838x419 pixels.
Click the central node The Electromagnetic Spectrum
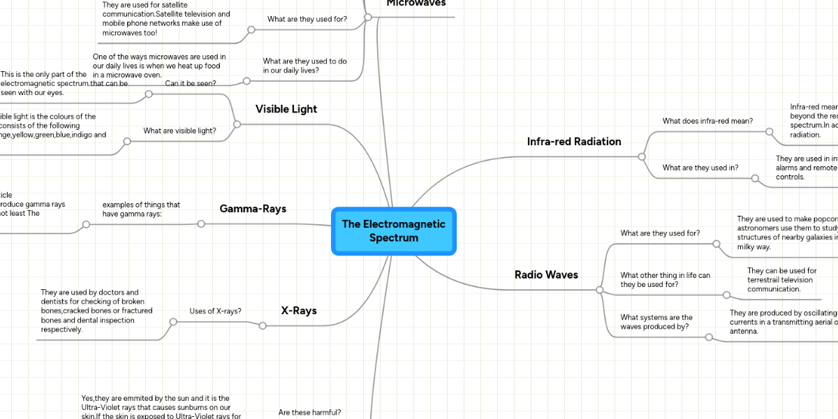(x=394, y=231)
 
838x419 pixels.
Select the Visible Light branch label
(x=286, y=109)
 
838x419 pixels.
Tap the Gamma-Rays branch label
(x=253, y=209)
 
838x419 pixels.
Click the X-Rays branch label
(x=298, y=311)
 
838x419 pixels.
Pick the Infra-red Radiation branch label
(x=573, y=142)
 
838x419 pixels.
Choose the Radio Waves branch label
(x=546, y=275)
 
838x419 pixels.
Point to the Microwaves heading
(x=416, y=3)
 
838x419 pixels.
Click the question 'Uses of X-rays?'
(x=215, y=311)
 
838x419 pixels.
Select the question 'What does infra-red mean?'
(x=707, y=121)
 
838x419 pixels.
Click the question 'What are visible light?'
(x=179, y=131)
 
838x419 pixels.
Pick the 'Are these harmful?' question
(x=309, y=413)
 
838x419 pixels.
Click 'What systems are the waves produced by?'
(x=656, y=322)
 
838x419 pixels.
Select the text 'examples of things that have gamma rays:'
(x=141, y=209)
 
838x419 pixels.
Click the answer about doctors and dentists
(x=96, y=311)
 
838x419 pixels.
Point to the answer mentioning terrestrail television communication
(x=781, y=279)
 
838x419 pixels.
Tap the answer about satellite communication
(x=166, y=19)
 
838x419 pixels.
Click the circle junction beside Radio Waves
(x=599, y=289)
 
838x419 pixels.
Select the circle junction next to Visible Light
(x=237, y=124)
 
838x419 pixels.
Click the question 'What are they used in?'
(x=700, y=168)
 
